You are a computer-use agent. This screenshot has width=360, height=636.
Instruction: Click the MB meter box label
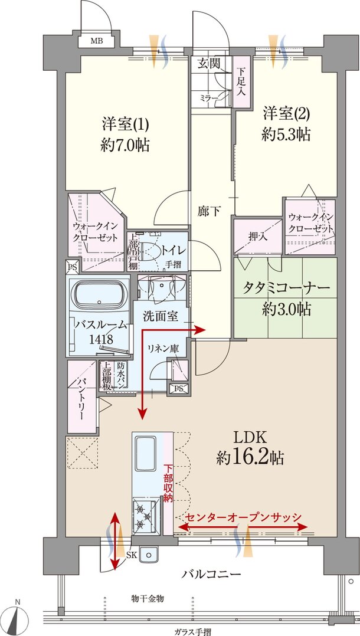point(95,41)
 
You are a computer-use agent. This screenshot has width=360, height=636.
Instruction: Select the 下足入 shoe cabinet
point(241,82)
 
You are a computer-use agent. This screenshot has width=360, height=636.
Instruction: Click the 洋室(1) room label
point(125,124)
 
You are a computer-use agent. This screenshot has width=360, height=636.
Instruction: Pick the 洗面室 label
point(160,316)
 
